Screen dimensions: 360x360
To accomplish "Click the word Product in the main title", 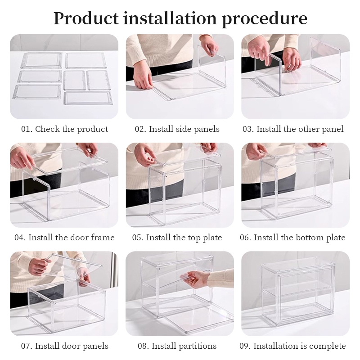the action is (x=86, y=18).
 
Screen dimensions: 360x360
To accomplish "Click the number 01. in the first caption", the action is (x=27, y=129).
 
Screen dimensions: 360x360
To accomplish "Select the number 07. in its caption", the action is (x=27, y=346).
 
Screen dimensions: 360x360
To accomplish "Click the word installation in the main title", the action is (x=170, y=18).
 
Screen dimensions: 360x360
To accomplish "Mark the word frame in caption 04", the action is (x=103, y=238).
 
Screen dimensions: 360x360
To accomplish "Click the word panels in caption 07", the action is (x=95, y=346).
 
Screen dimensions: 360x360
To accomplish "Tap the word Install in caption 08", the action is (x=162, y=346).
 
